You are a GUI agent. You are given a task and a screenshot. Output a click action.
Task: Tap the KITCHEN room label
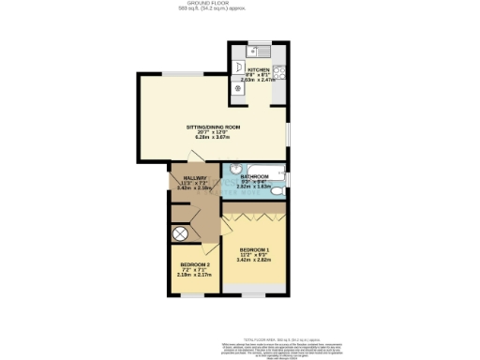[x=259, y=70]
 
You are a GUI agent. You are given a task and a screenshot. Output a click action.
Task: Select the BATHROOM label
[x=255, y=176]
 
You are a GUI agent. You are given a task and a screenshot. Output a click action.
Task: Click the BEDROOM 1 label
[x=253, y=249]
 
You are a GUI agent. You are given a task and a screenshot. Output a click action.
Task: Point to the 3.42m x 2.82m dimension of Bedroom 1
[x=253, y=261]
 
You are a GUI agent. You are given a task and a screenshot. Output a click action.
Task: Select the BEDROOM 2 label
[x=195, y=265]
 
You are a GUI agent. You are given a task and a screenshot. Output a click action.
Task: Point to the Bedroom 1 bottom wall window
[x=253, y=297]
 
